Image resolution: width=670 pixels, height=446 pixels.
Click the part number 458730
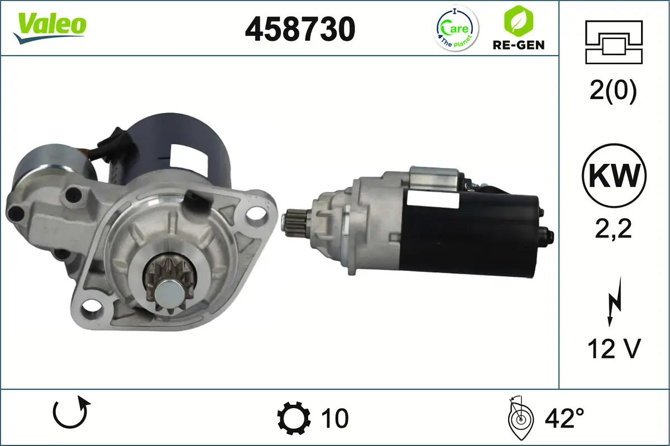coord(300,29)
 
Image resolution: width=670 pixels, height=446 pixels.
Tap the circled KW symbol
coord(614,176)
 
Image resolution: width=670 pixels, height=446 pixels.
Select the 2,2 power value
coord(613,229)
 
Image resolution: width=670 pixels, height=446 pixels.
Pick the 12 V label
coord(613,349)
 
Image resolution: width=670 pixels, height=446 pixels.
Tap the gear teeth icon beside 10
coord(294,418)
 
